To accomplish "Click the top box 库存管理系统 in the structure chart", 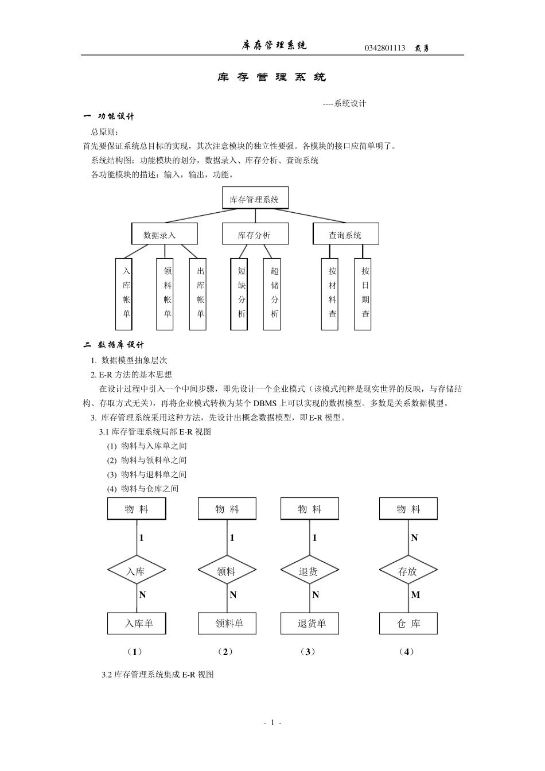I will [255, 199].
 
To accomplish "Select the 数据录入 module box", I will [165, 235].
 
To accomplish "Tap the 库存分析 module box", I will [255, 235].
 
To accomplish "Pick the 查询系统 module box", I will [345, 235].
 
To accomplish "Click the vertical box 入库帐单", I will [124, 294].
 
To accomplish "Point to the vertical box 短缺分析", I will [239, 294].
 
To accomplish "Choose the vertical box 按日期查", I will [363, 294].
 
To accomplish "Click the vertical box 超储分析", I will [272, 294].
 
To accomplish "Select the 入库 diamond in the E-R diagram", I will [137, 571].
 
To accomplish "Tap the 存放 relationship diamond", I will [408, 571].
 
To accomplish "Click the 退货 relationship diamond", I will [309, 571].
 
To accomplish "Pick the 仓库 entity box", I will [408, 624].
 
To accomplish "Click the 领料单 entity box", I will [227, 624].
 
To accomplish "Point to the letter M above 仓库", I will [415, 595].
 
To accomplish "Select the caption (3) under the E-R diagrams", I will [308, 652].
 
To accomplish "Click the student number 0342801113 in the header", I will [384, 48].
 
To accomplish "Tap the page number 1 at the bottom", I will [272, 723].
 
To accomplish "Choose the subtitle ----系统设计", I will [344, 104].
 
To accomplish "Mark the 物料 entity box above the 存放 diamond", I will [408, 509].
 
